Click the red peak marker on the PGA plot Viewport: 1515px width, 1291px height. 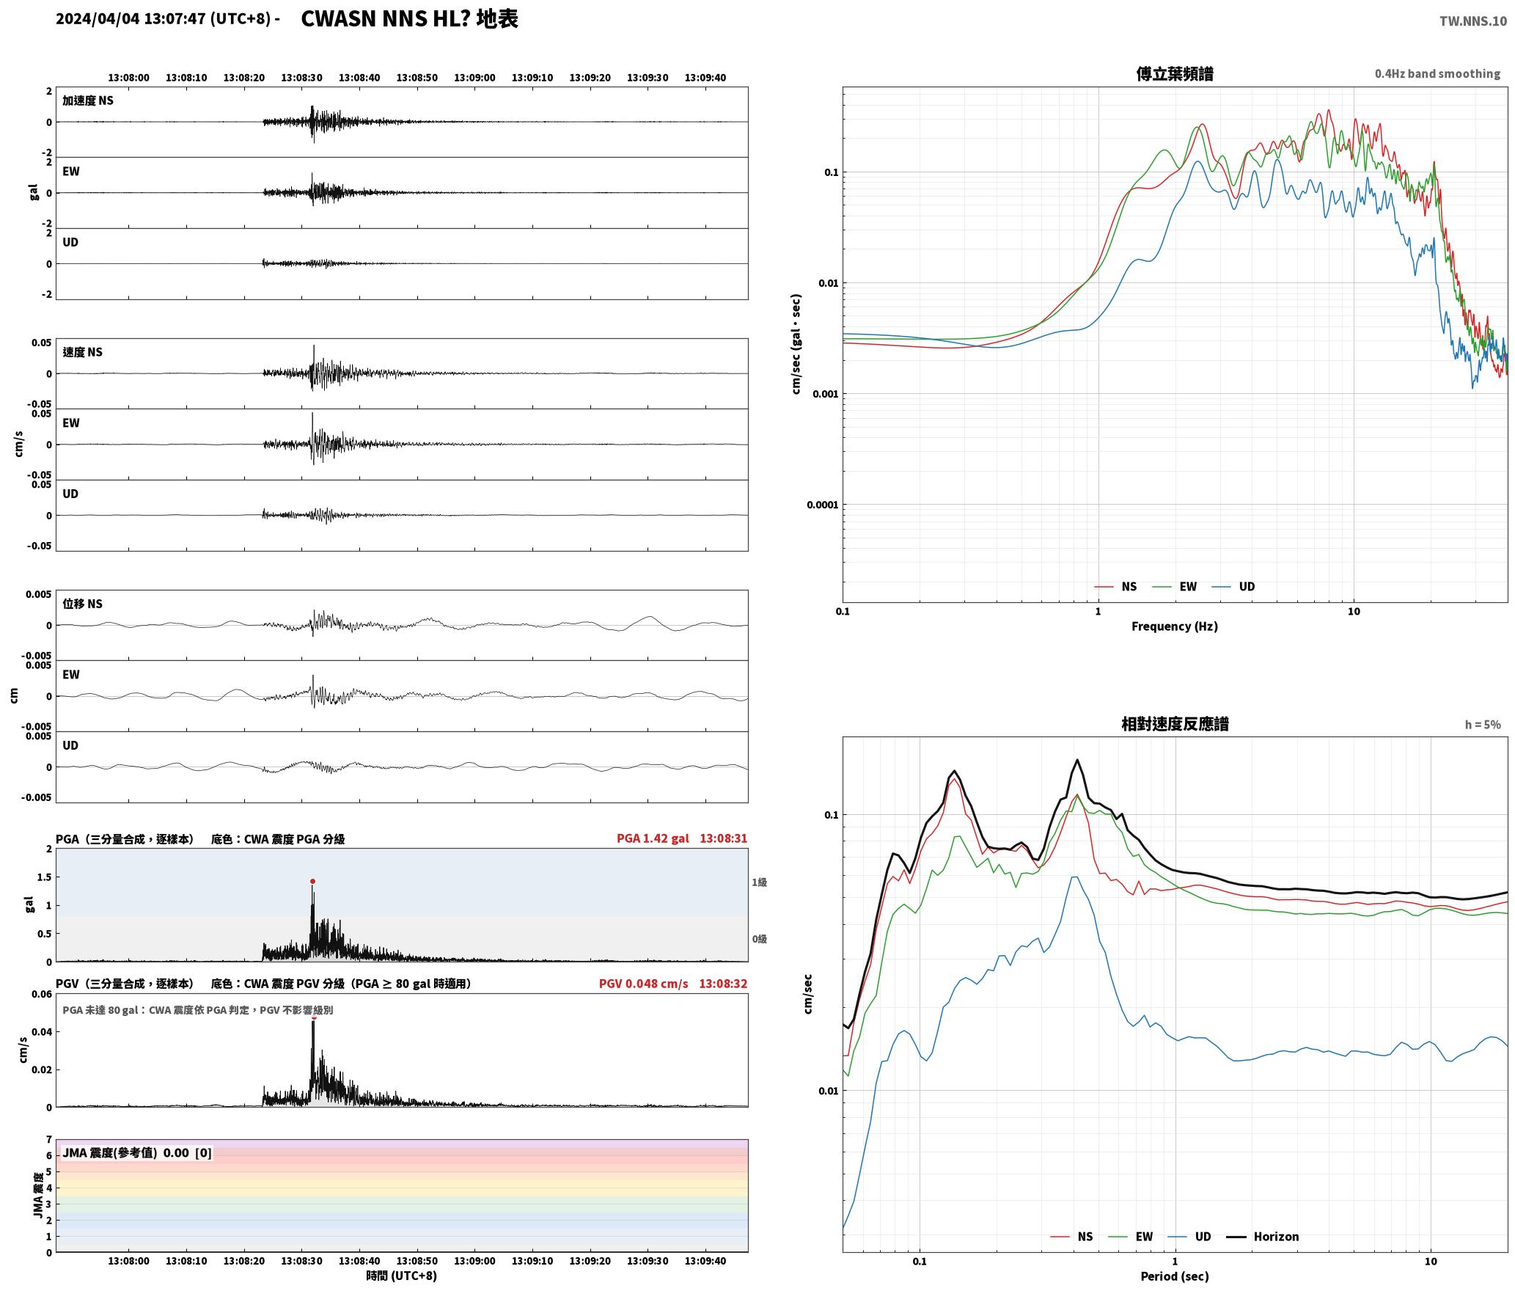click(x=312, y=881)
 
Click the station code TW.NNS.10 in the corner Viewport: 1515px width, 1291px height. click(x=1472, y=21)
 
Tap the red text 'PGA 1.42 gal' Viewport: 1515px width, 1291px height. click(x=653, y=838)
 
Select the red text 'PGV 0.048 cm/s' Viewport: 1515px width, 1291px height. click(x=644, y=984)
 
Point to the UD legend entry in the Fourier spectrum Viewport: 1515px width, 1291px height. click(x=1233, y=587)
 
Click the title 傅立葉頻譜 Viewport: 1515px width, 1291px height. click(x=1175, y=74)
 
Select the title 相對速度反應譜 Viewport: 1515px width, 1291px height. click(x=1175, y=724)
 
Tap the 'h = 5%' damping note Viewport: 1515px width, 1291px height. click(x=1483, y=725)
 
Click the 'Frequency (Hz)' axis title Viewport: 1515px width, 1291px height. click(x=1175, y=626)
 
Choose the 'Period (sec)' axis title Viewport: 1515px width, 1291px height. click(x=1175, y=1276)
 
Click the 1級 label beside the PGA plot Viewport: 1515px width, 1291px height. click(x=759, y=882)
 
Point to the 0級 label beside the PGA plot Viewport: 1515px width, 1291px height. click(x=759, y=939)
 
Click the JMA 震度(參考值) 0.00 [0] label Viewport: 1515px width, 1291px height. click(x=137, y=1152)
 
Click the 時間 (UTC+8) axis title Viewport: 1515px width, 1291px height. click(x=402, y=1276)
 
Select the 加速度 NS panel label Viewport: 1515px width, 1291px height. click(x=88, y=100)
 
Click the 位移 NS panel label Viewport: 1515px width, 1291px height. click(x=82, y=604)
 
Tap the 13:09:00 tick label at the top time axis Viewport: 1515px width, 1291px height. click(x=474, y=78)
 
